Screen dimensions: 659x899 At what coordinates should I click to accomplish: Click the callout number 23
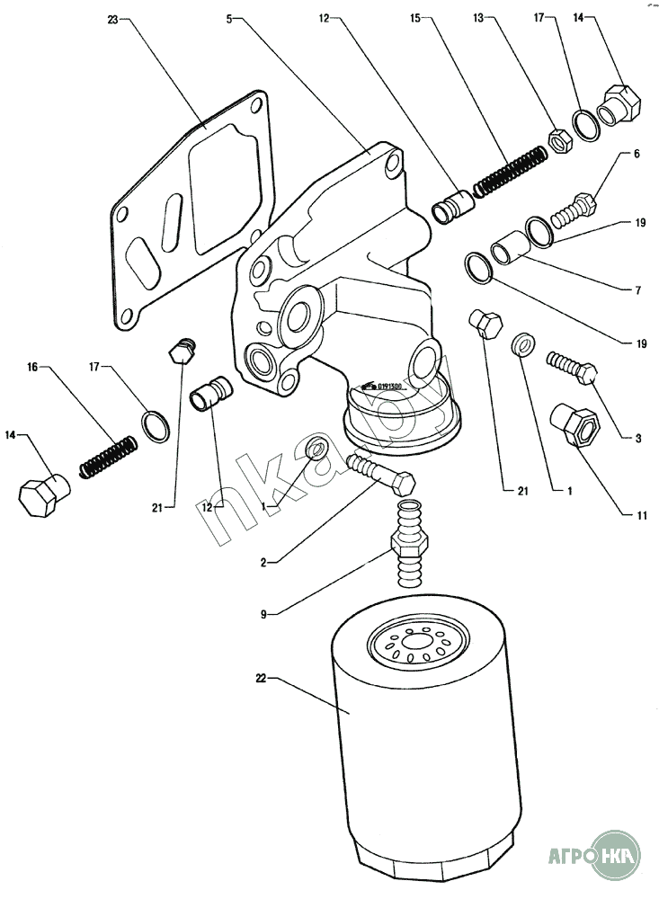coord(111,19)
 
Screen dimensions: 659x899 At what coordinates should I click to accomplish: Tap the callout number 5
coord(230,19)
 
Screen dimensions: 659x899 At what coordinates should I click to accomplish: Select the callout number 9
coord(263,615)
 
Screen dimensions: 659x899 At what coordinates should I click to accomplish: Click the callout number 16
coord(32,367)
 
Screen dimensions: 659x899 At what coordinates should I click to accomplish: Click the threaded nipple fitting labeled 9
coord(410,539)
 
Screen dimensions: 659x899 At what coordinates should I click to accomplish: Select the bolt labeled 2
coord(379,471)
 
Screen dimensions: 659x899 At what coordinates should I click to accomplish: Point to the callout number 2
coord(263,563)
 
